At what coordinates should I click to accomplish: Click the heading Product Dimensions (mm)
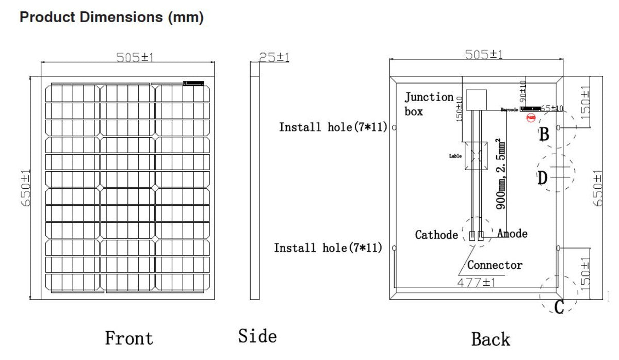pos(111,17)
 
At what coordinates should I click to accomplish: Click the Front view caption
pos(129,338)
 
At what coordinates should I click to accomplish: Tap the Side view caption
pos(257,336)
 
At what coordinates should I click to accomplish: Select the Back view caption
pos(490,339)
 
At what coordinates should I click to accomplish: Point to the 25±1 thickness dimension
pos(274,57)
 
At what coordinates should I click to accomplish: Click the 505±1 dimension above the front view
pos(135,57)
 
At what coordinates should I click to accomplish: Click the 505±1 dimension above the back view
pos(483,54)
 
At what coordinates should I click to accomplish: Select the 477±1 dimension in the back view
pos(476,283)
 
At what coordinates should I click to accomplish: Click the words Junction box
pos(428,104)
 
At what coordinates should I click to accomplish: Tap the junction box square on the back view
pos(476,100)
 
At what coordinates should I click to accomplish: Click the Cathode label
pos(436,235)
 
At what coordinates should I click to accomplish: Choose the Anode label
pos(512,234)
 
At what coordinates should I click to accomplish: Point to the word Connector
pos(494,265)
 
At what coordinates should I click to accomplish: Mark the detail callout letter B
pos(544,135)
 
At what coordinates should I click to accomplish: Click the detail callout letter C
pos(559,307)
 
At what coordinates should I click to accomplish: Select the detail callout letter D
pos(542,178)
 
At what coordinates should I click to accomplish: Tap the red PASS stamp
pos(530,118)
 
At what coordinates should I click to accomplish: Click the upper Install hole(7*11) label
pos(333,127)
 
